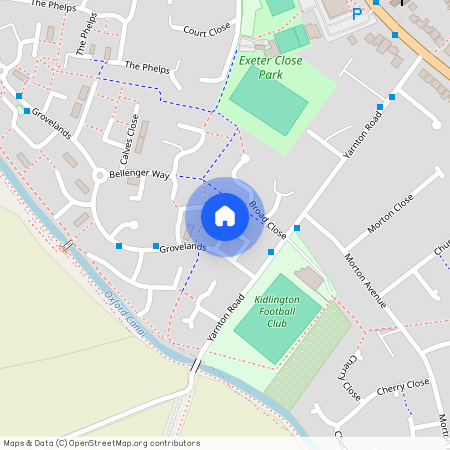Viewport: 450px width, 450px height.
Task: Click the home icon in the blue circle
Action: pos(225,216)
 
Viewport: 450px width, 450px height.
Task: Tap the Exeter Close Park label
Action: pos(270,67)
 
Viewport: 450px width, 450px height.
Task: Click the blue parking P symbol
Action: pos(357,14)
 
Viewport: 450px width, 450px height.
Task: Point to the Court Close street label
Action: pos(208,31)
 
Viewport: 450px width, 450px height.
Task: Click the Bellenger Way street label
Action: pos(139,174)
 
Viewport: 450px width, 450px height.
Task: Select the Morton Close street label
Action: pos(389,214)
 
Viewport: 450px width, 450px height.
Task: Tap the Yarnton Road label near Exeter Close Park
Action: pos(362,136)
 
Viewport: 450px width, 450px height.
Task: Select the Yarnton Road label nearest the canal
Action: pos(226,319)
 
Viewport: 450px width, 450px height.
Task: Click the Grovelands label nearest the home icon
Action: pos(182,246)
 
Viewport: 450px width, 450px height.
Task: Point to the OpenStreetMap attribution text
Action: pos(101,443)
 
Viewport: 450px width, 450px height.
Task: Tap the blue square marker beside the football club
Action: pos(297,228)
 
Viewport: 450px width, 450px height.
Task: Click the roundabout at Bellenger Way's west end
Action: pos(100,176)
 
